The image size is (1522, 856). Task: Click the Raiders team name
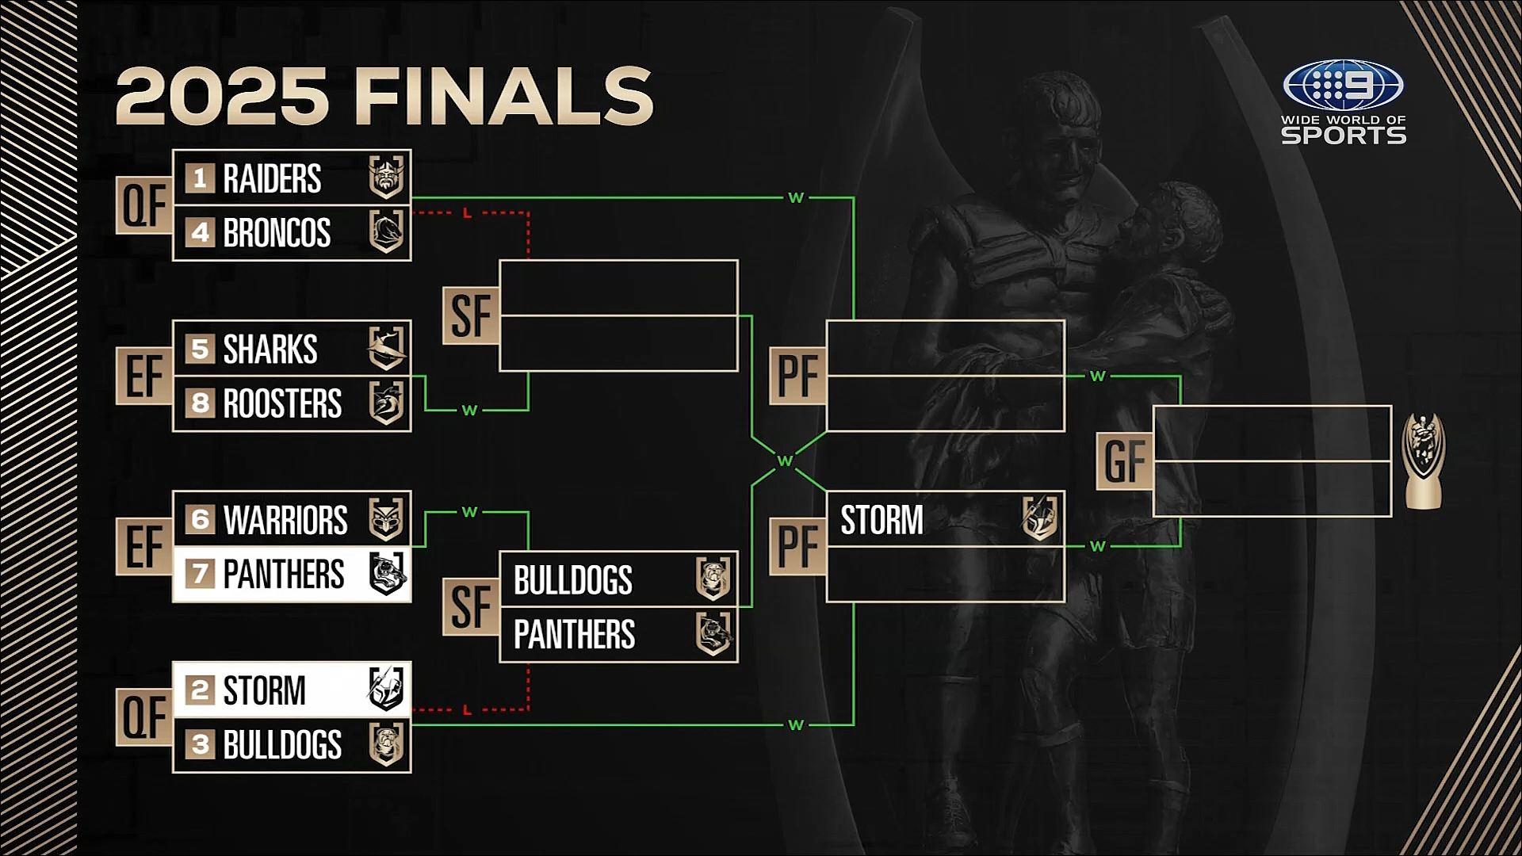272,178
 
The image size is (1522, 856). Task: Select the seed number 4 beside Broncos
200,233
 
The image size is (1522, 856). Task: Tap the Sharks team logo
387,349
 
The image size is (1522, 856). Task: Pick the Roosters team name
282,404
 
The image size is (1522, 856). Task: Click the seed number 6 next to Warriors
200,520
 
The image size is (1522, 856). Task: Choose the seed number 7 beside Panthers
200,574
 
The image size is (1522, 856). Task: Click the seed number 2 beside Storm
200,690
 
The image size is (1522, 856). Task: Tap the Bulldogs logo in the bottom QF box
387,745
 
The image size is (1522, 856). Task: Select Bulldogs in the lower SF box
573,580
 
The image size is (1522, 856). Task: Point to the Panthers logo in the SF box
713,634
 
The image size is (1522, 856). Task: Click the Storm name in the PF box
881,521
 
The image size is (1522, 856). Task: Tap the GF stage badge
1124,461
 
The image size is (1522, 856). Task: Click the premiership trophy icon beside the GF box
1423,461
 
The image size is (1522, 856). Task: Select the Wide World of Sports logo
1344,103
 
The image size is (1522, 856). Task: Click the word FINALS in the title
504,97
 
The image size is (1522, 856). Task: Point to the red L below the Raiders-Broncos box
467,213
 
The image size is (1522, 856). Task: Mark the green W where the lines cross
785,460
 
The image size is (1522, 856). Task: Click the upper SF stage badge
471,315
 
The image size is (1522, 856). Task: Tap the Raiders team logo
387,178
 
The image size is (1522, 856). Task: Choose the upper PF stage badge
797,376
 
